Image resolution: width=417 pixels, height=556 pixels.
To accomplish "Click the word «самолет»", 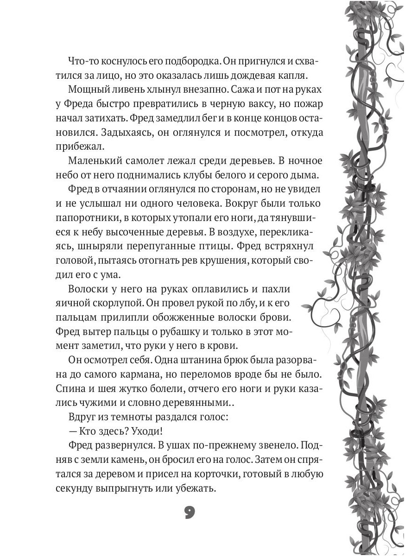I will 148,161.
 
